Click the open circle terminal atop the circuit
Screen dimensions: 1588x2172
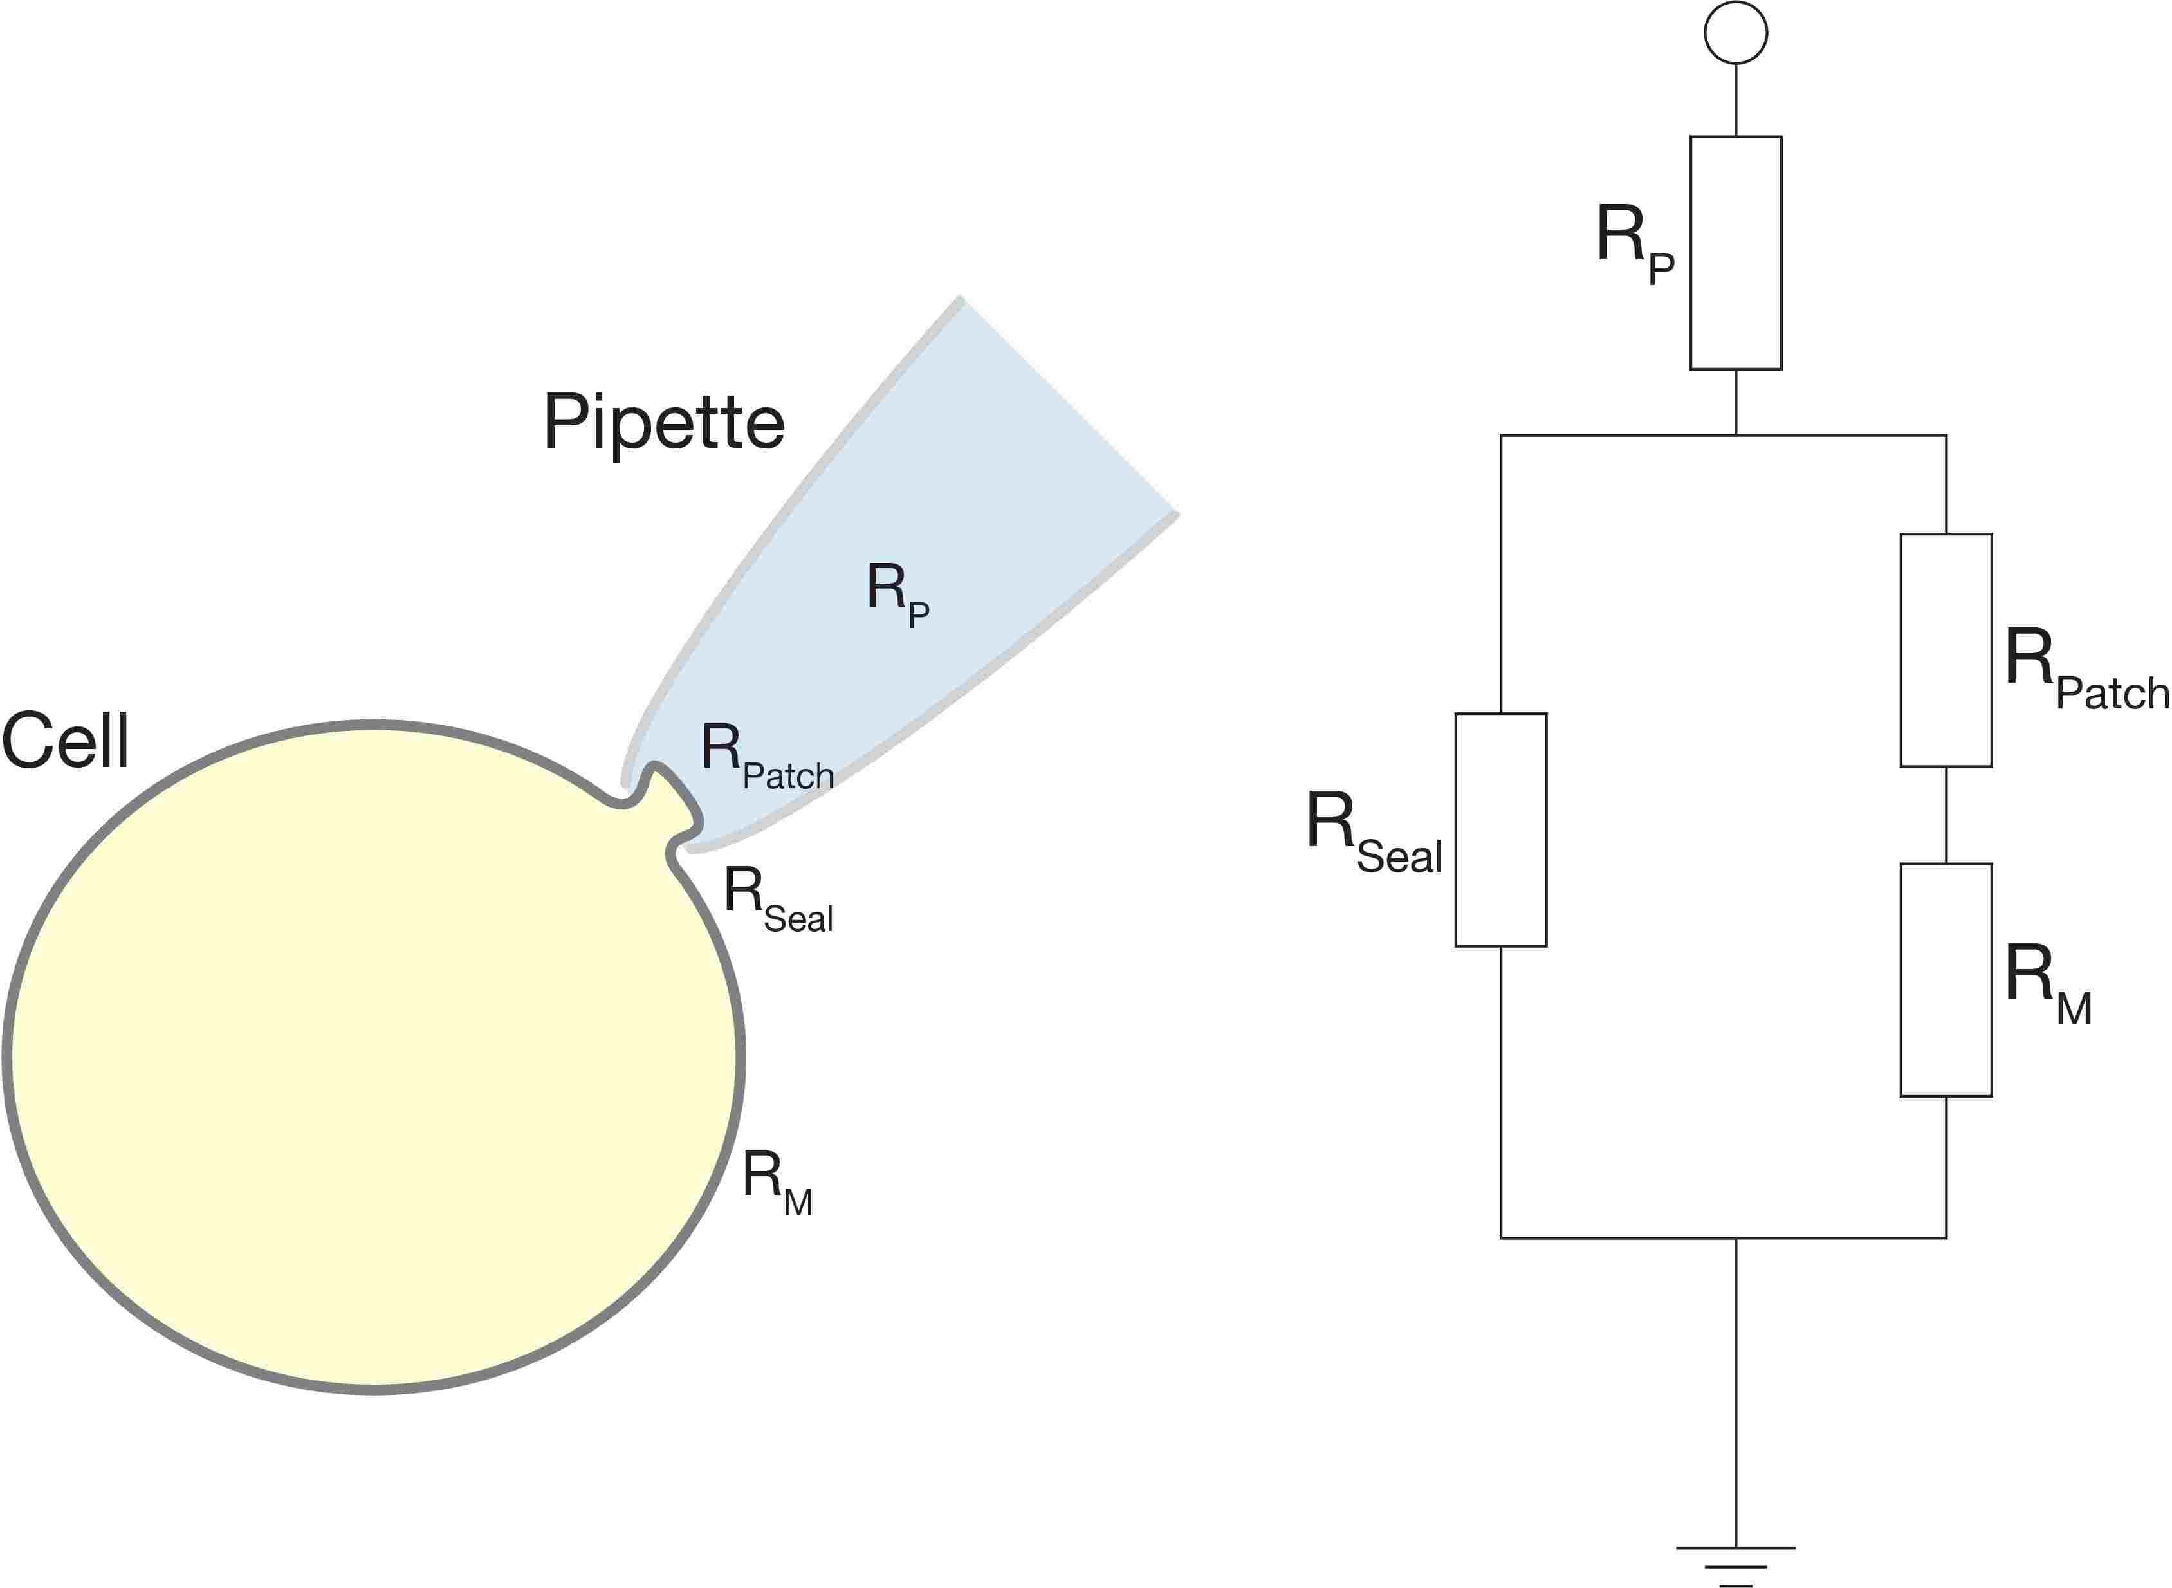pyautogui.click(x=1736, y=33)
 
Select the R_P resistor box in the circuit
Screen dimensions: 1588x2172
pyautogui.click(x=1736, y=253)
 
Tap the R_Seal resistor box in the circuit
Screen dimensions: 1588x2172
pyautogui.click(x=1500, y=829)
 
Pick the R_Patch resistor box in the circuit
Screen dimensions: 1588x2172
pyautogui.click(x=1946, y=650)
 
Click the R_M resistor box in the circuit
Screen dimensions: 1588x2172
pyautogui.click(x=1946, y=979)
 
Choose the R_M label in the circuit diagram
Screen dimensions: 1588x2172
pyautogui.click(x=2047, y=985)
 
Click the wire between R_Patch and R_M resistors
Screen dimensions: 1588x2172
pyautogui.click(x=1946, y=815)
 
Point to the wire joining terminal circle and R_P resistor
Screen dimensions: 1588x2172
pyautogui.click(x=1736, y=100)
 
